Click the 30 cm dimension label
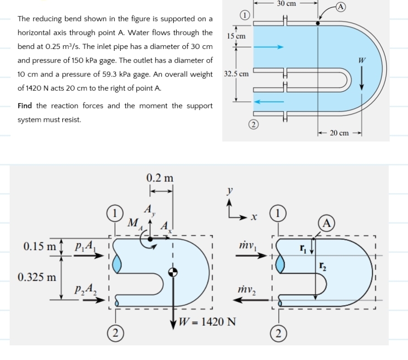click(x=287, y=4)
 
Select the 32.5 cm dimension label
click(x=236, y=74)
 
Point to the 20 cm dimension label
click(x=339, y=133)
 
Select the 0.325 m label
click(x=37, y=277)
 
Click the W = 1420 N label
click(x=207, y=321)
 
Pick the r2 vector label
click(x=323, y=264)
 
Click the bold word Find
click(x=25, y=106)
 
